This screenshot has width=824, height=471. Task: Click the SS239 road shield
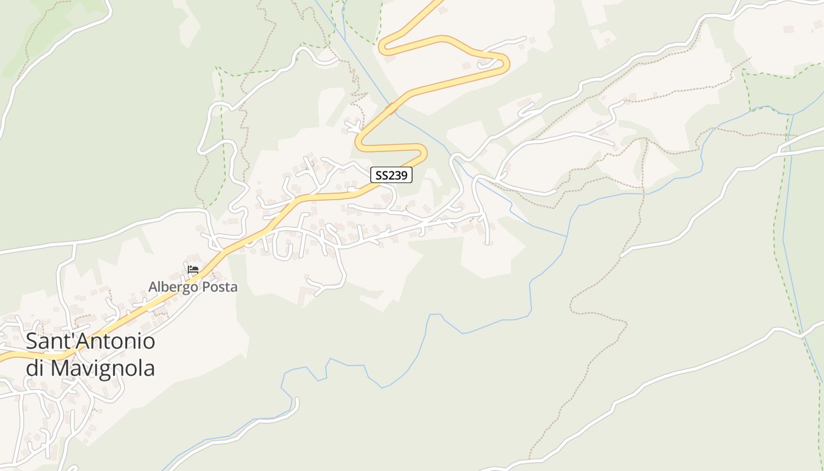click(x=391, y=175)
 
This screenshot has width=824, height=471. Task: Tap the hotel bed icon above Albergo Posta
click(x=192, y=270)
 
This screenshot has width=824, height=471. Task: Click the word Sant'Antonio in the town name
click(x=90, y=341)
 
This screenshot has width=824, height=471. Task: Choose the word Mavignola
click(x=102, y=368)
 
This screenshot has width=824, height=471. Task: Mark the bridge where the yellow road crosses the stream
click(x=390, y=109)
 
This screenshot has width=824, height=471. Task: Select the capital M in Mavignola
click(x=59, y=368)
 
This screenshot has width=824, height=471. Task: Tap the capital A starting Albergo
click(x=153, y=287)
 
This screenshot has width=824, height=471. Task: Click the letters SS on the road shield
click(x=382, y=175)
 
